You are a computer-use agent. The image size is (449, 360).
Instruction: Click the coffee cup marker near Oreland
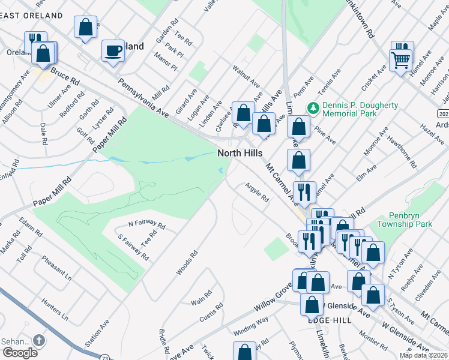pos(112,51)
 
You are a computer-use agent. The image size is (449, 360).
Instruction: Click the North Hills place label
pos(240,154)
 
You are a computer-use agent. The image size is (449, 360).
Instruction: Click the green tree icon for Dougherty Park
pos(312,108)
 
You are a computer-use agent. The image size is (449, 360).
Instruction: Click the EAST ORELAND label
pos(31,15)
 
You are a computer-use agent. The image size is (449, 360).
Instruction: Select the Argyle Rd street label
pos(256,196)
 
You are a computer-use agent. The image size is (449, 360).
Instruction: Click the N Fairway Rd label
pos(146,224)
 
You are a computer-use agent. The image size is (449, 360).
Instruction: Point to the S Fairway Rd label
pos(133,246)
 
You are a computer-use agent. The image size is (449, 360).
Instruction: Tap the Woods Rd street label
pos(185,263)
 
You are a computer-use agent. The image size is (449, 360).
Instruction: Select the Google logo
pos(20,353)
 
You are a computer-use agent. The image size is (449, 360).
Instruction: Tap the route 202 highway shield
pos(443,113)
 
